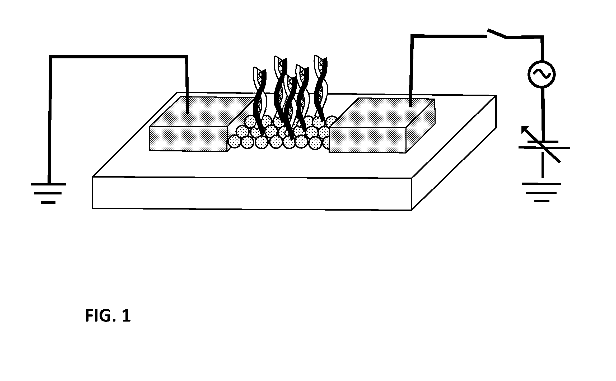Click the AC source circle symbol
tap(541, 74)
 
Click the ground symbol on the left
tap(48, 193)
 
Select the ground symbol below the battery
tap(542, 192)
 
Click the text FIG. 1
tap(108, 316)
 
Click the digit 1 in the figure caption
tap(126, 316)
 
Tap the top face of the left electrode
tap(202, 111)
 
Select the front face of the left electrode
tap(188, 139)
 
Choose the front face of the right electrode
tap(367, 140)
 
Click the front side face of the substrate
tap(252, 193)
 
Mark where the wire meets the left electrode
tap(187, 113)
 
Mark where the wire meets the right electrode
tap(410, 106)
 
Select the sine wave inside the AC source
tap(541, 74)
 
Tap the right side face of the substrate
tap(454, 153)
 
